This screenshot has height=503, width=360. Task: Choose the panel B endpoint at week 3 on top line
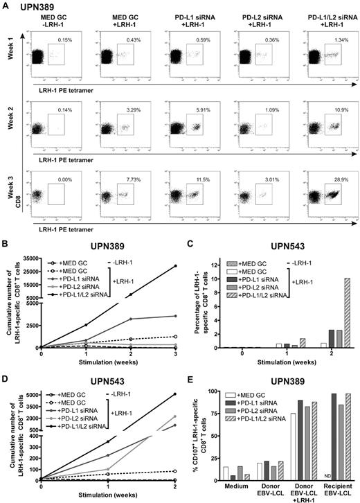click(x=177, y=266)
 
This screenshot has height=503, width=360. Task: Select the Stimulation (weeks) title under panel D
click(x=108, y=496)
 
